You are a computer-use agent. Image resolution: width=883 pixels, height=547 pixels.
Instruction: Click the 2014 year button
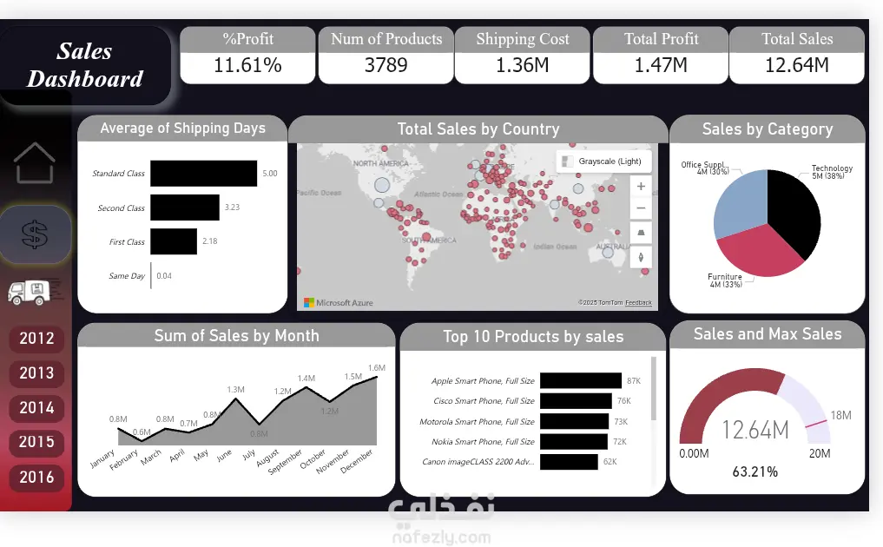36,407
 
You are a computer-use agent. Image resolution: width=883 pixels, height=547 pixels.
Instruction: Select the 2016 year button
36,477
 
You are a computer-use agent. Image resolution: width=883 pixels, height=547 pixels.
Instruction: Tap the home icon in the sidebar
35,163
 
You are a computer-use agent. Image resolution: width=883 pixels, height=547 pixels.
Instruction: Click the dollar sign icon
35,234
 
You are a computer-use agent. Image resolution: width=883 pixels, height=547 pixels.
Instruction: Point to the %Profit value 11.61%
247,65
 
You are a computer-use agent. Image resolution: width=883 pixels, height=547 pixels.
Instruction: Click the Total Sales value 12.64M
796,65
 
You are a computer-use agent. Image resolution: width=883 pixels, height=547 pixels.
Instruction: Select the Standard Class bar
203,174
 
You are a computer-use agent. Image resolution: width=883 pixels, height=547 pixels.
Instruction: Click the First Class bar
174,241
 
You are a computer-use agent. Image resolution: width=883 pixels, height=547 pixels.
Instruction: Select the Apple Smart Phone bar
580,380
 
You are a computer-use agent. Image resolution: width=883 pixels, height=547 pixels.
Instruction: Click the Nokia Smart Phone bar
574,442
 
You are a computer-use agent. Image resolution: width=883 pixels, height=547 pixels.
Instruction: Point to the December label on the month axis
358,460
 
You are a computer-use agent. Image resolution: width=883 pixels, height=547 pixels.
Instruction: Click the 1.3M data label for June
235,390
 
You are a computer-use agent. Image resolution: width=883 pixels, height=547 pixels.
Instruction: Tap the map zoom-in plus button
641,186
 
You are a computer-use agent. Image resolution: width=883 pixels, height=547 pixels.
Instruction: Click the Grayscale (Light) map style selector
602,161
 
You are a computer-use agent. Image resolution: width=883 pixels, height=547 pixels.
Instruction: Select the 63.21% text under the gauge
755,472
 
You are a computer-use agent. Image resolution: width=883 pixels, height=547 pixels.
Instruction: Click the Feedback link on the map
638,302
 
